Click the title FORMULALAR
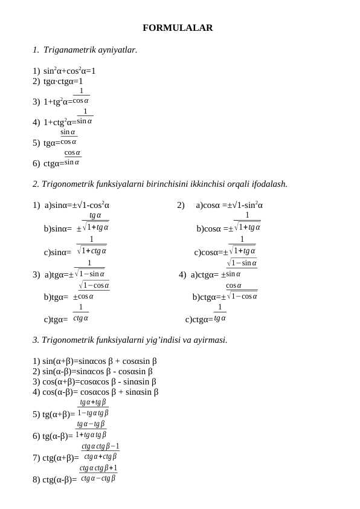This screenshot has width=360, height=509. click(178, 28)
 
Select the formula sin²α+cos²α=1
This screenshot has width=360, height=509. click(69, 71)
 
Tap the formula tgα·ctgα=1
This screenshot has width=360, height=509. click(63, 81)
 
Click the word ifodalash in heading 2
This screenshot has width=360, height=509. click(268, 184)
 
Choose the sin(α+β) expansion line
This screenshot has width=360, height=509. click(95, 361)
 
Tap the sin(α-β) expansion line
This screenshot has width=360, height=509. click(92, 371)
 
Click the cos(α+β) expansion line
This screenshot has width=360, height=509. click(94, 381)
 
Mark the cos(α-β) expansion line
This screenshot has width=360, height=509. click(95, 392)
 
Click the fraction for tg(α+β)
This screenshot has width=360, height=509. click(93, 407)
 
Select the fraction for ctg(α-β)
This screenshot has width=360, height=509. click(98, 473)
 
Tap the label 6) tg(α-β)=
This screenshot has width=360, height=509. click(53, 436)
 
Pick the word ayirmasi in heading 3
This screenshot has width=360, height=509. click(209, 340)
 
